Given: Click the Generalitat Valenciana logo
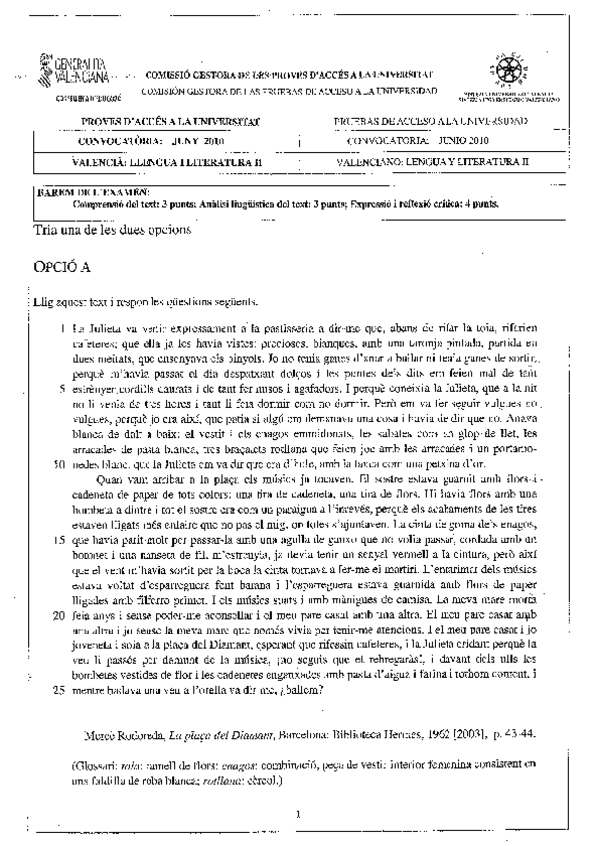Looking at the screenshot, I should [x=71, y=71].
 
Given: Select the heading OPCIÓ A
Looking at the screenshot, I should [x=62, y=269].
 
